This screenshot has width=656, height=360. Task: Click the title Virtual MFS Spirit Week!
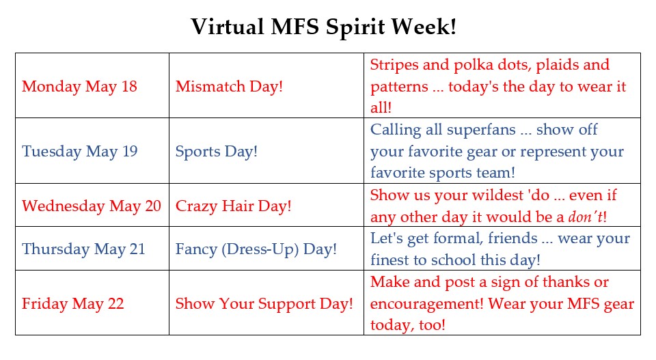click(x=324, y=27)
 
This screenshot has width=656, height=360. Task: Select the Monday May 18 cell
click(x=79, y=87)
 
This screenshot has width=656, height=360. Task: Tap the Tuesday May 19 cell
click(x=79, y=151)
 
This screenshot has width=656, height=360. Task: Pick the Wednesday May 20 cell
click(x=92, y=206)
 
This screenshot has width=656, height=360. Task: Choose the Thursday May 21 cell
click(x=83, y=249)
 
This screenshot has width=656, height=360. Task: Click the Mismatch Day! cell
click(x=229, y=87)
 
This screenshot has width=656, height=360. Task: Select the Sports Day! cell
click(x=217, y=151)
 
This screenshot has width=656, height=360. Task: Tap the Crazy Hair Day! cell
click(x=233, y=206)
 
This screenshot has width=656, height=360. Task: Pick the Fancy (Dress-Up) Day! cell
click(x=256, y=249)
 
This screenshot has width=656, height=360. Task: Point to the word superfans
click(x=482, y=130)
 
